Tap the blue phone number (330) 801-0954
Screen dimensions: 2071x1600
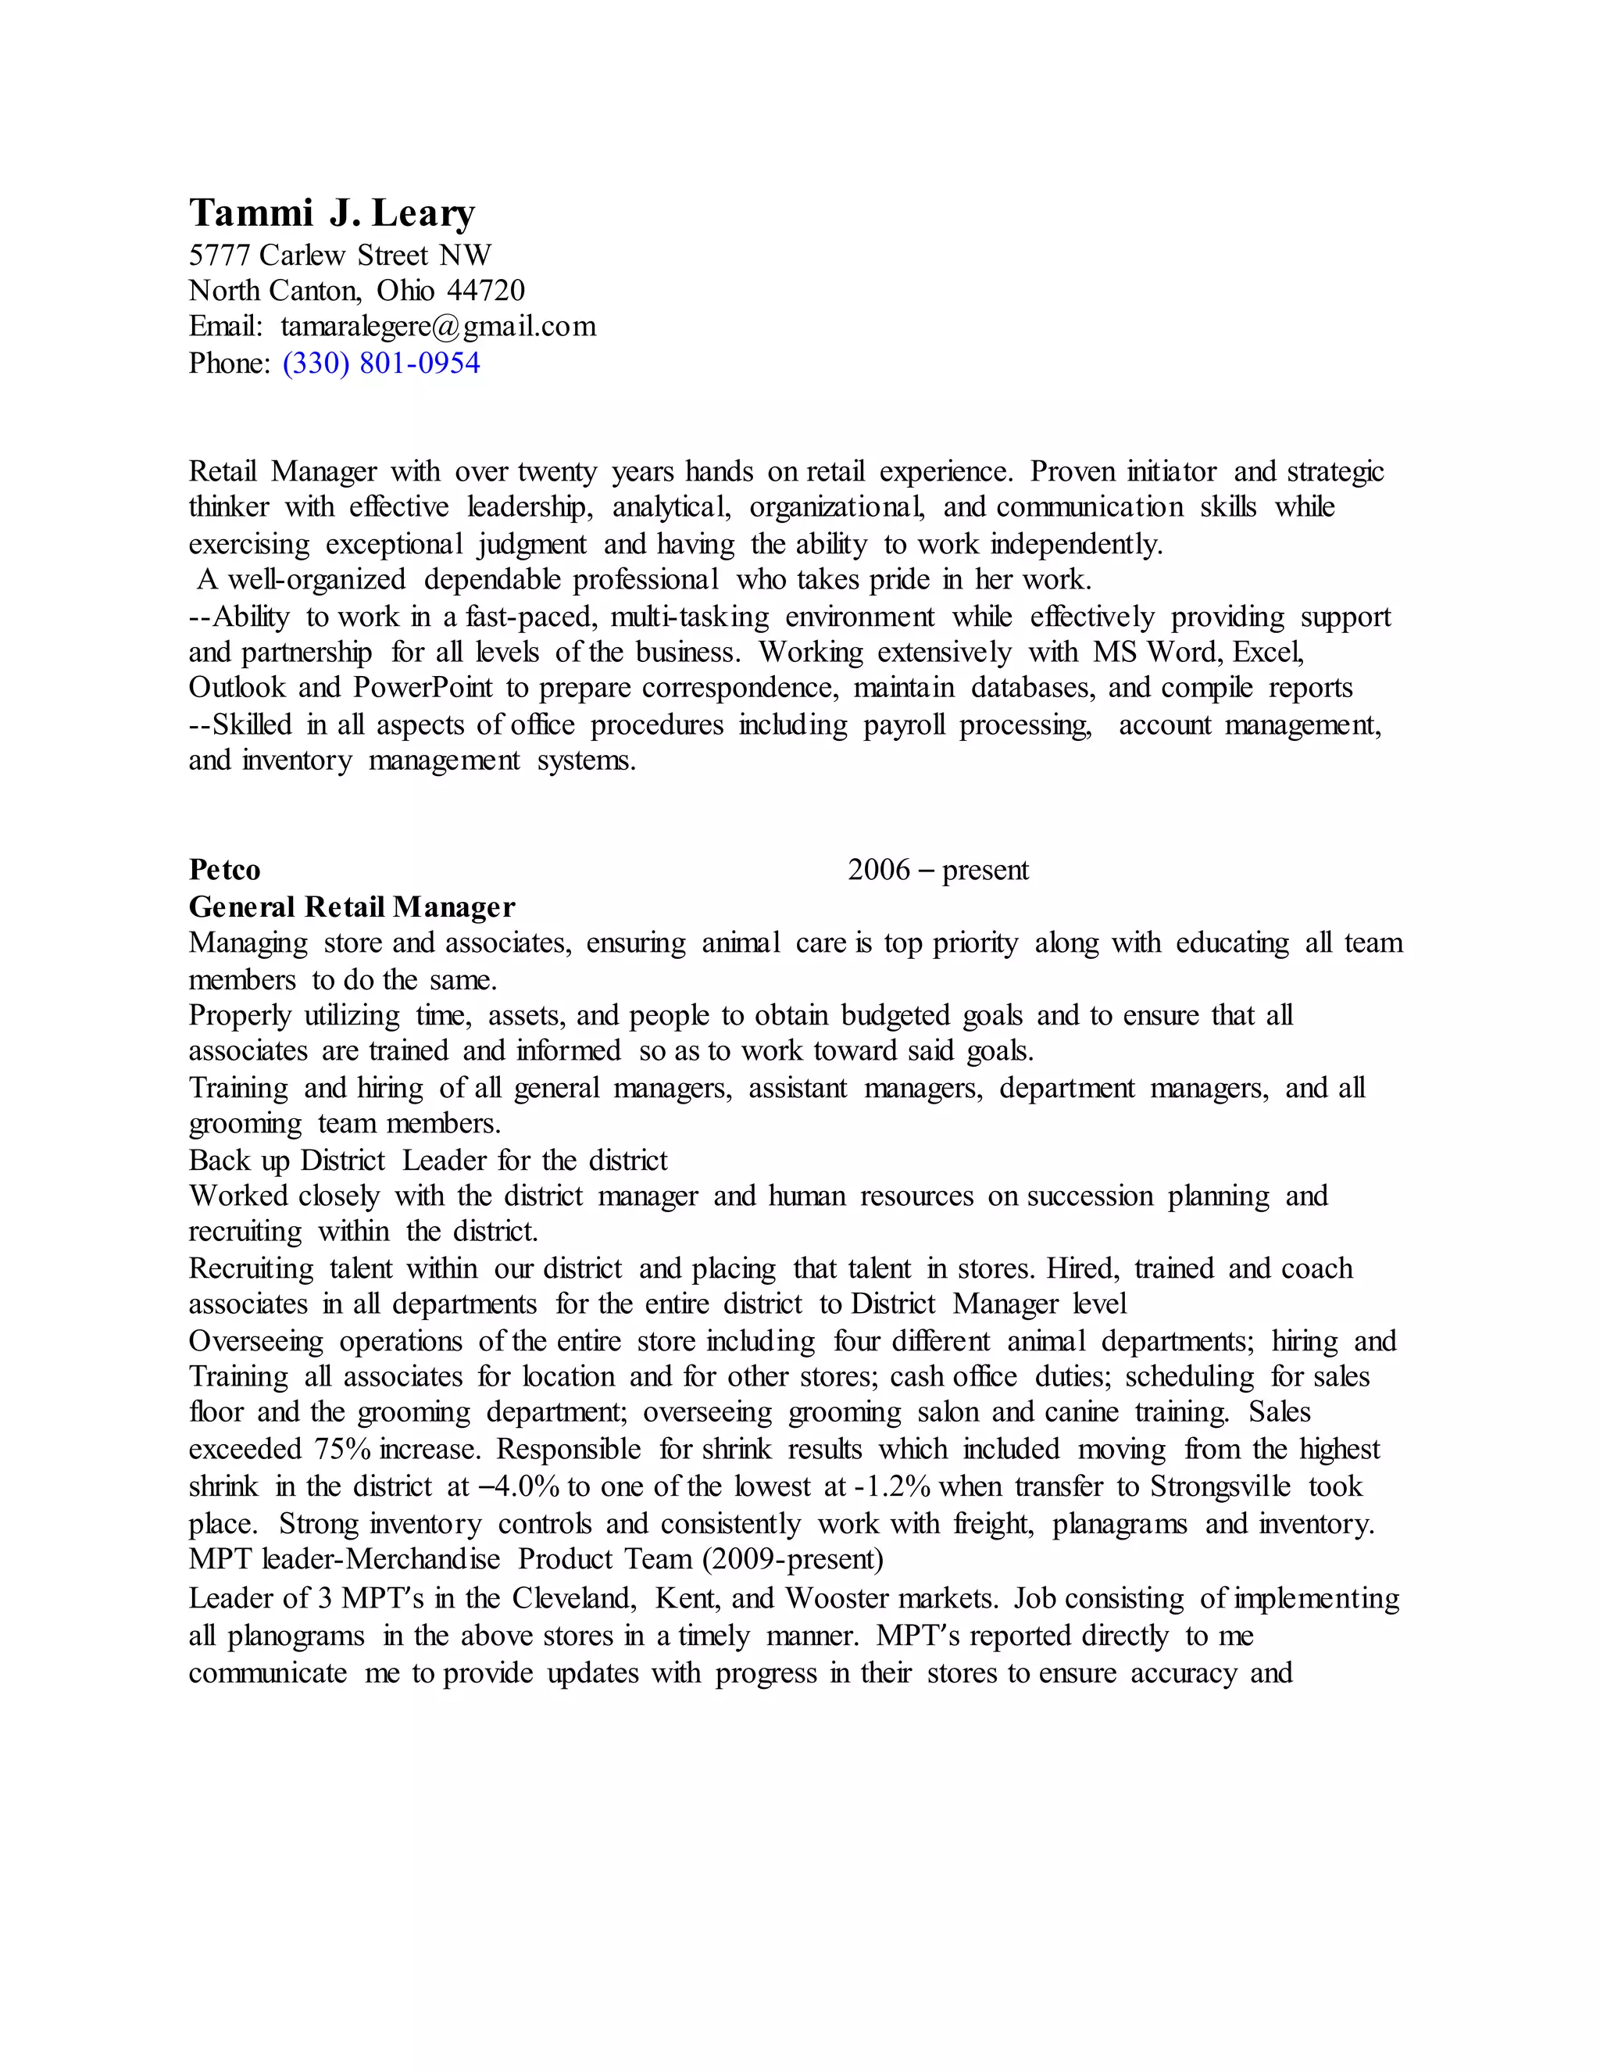click(x=381, y=363)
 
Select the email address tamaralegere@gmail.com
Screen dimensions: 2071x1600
click(x=438, y=326)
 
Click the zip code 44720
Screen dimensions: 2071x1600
click(x=485, y=290)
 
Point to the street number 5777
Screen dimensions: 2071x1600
click(x=219, y=254)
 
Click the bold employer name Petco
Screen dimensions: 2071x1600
click(x=225, y=870)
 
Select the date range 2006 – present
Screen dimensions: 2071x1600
click(x=937, y=870)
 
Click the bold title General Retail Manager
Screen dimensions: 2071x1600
click(x=352, y=907)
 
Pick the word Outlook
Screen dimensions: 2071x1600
click(x=237, y=688)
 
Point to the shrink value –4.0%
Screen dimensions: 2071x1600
click(x=520, y=1486)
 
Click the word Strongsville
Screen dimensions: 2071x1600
click(x=1220, y=1486)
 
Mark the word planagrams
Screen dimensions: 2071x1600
click(x=1120, y=1523)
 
